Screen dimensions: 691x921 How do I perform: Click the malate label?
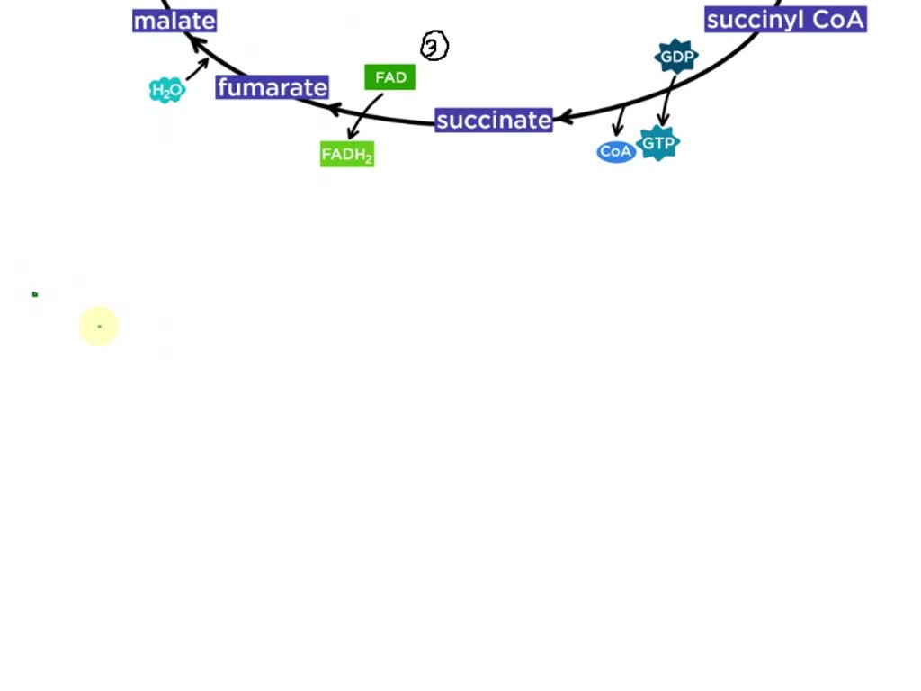tap(174, 21)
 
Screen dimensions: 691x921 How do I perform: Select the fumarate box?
tap(273, 87)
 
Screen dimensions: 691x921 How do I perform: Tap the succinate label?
tap(494, 120)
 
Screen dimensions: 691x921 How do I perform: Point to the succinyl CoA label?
tap(785, 20)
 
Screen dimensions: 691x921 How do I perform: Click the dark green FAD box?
tap(390, 77)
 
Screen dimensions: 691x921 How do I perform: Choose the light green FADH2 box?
tap(347, 154)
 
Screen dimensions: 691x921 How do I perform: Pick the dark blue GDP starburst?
tap(676, 58)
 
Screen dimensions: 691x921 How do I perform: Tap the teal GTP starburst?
tap(658, 143)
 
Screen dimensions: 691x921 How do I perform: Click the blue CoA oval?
tap(616, 151)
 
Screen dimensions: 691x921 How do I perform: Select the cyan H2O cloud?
tap(166, 90)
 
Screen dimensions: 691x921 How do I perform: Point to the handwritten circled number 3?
tap(434, 46)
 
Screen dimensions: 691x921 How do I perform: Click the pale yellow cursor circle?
tap(99, 326)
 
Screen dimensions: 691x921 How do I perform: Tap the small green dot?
tap(35, 294)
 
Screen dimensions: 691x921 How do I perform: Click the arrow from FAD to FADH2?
tap(365, 116)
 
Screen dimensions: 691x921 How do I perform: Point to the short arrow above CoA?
tap(620, 121)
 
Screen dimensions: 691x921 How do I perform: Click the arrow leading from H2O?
tap(198, 68)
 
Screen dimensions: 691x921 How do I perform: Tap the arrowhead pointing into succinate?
tap(562, 118)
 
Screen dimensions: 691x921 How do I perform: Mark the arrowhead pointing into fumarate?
tap(335, 109)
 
